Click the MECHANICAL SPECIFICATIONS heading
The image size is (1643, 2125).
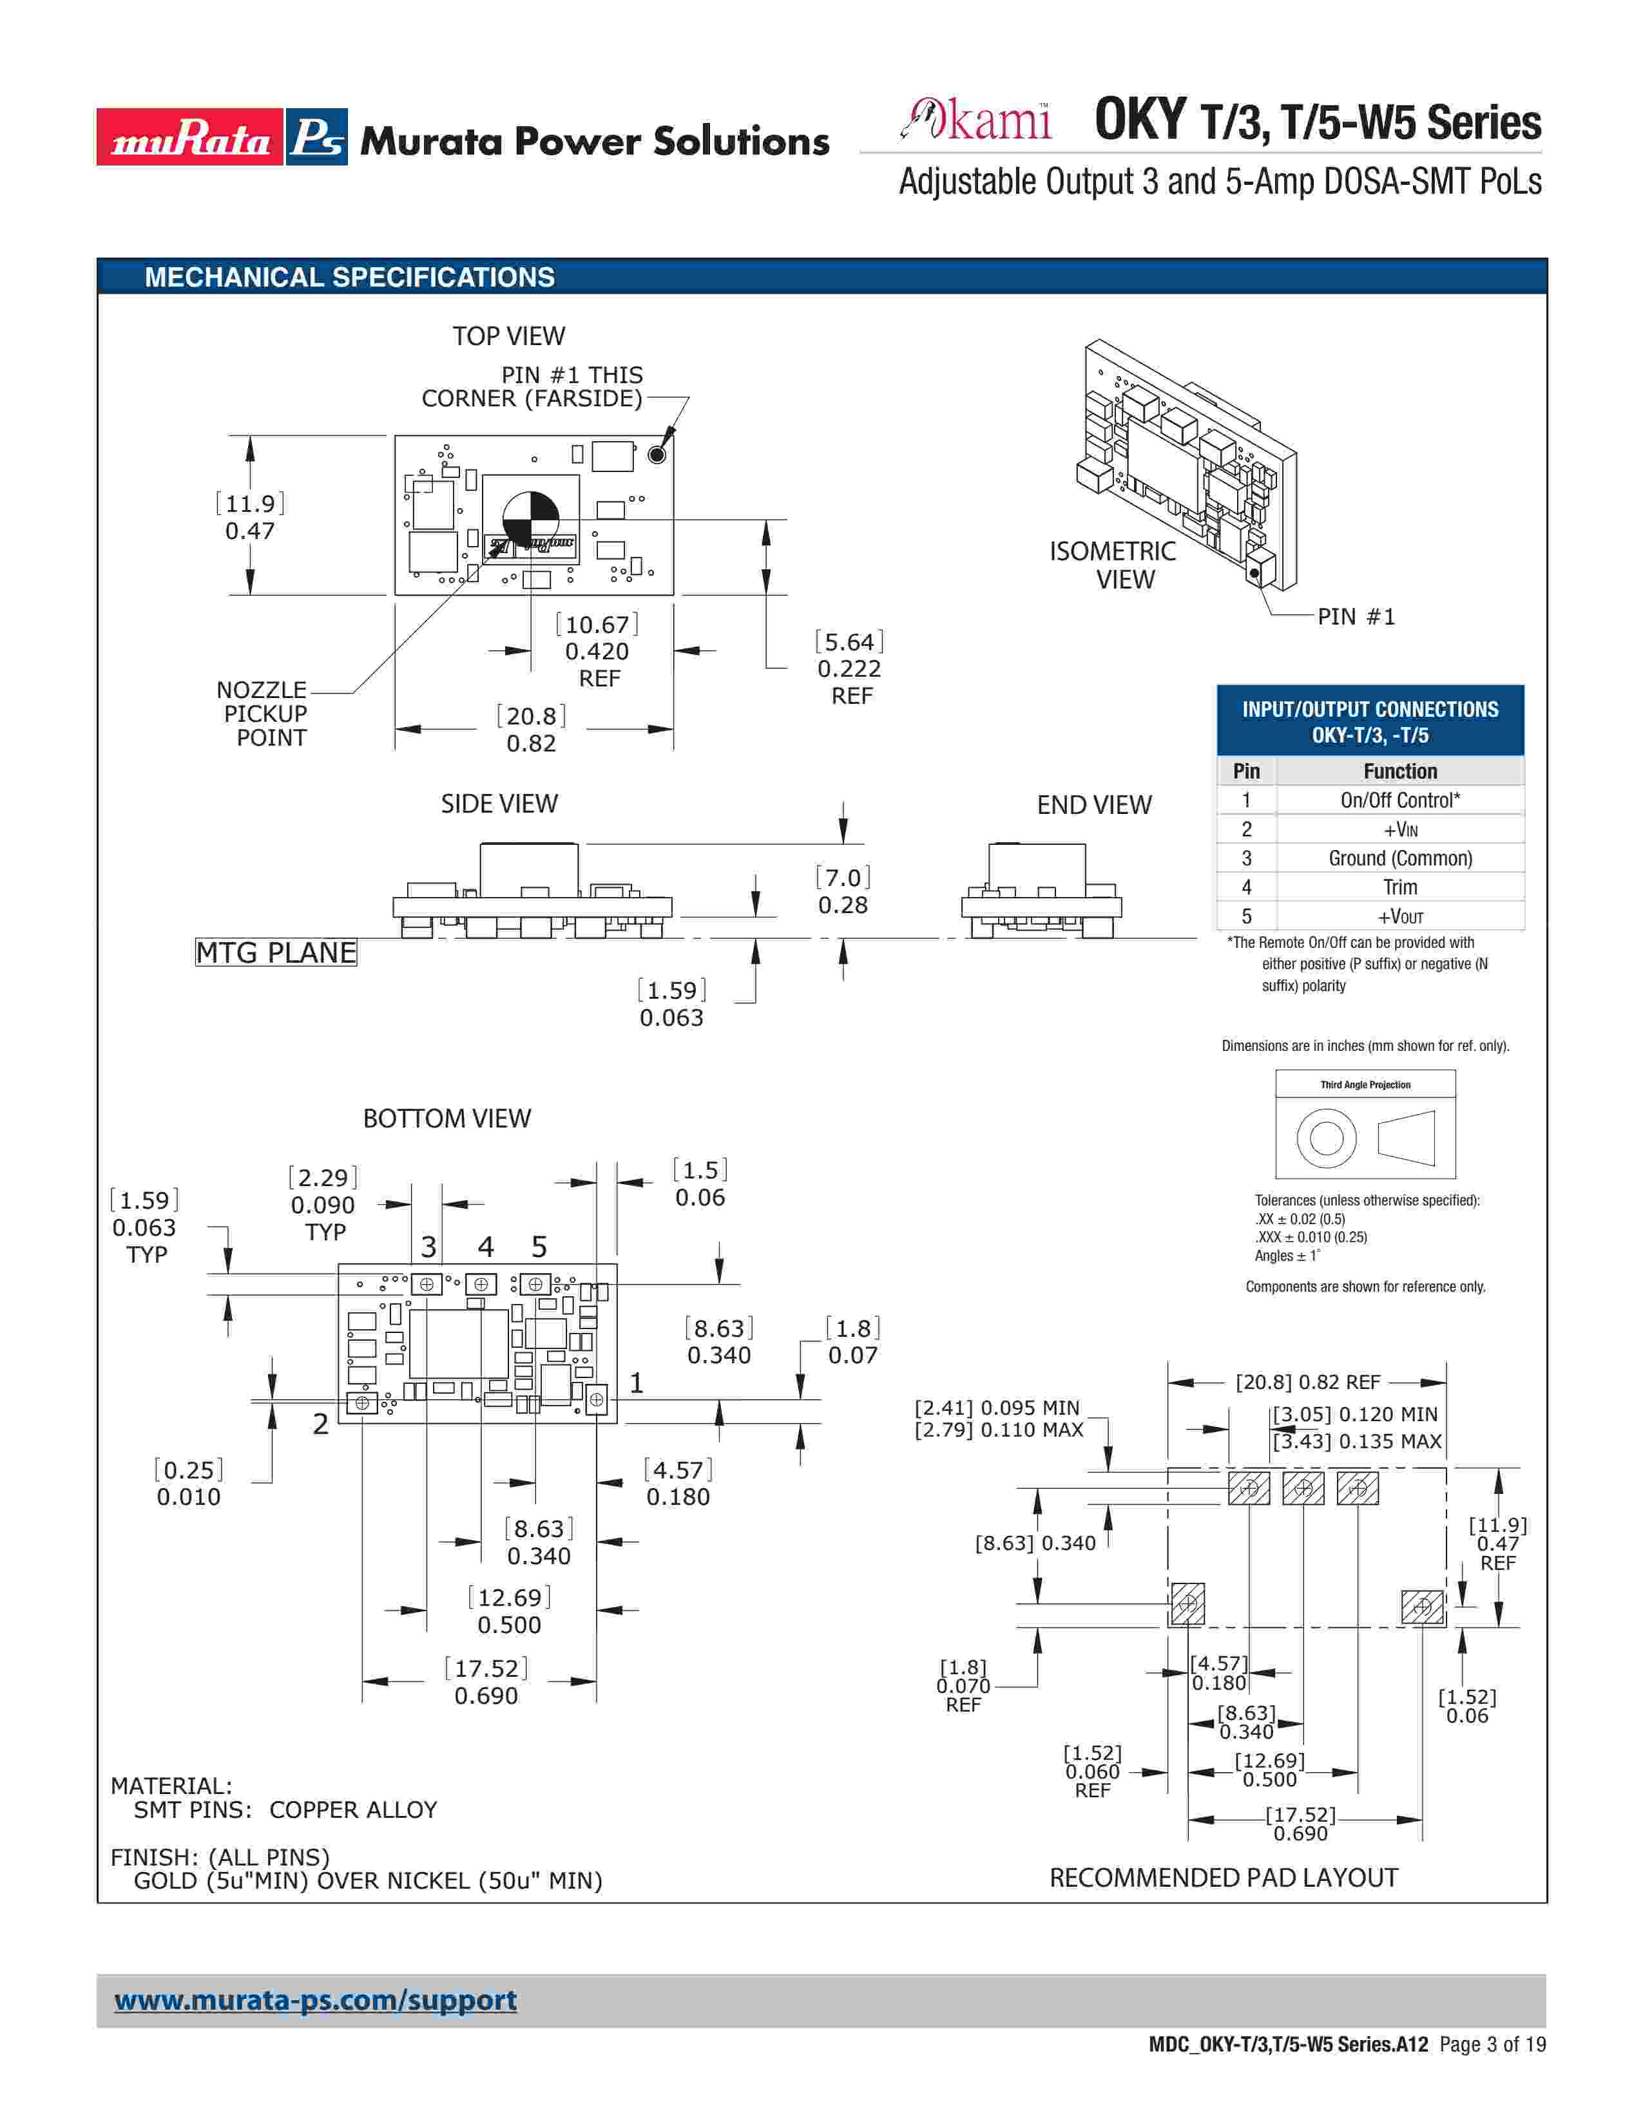pyautogui.click(x=349, y=278)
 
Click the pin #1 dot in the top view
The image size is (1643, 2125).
pyautogui.click(x=657, y=455)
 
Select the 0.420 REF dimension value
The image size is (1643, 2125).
pyautogui.click(x=597, y=651)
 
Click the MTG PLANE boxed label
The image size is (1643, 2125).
pyautogui.click(x=276, y=952)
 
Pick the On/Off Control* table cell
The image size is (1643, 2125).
pyautogui.click(x=1399, y=800)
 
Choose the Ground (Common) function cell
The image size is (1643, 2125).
pyautogui.click(x=1399, y=858)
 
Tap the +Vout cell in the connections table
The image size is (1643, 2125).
pyautogui.click(x=1399, y=916)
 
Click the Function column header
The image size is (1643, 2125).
pyautogui.click(x=1399, y=771)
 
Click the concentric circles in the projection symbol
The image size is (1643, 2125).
pyautogui.click(x=1326, y=1137)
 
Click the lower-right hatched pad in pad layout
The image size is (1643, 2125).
pyautogui.click(x=1422, y=1607)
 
